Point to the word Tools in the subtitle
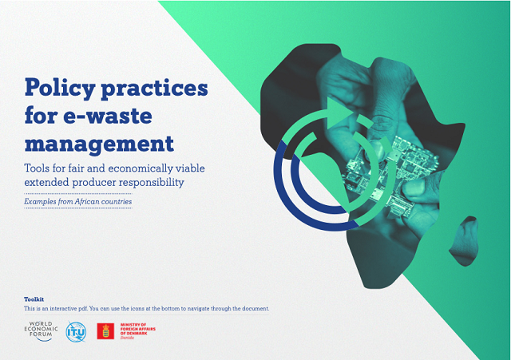(x=41, y=168)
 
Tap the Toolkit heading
(x=34, y=299)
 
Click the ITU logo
(x=76, y=331)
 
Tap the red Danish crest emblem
(x=104, y=331)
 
